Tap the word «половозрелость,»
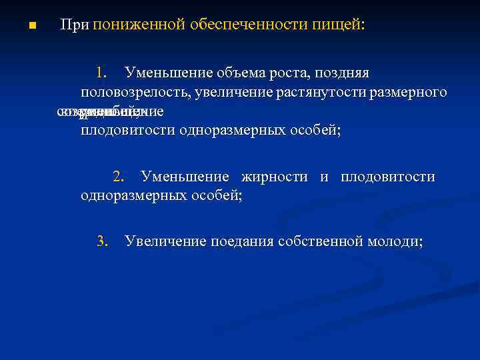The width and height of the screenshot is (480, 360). coord(133,91)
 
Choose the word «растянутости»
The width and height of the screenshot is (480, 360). coord(325,91)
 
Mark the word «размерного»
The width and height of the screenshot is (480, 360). coord(413,91)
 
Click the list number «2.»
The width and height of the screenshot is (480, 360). coord(119,177)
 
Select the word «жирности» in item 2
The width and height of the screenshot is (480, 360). coord(273,177)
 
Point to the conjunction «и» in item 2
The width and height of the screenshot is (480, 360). coord(324,177)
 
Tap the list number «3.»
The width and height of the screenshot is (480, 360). coord(102,241)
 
